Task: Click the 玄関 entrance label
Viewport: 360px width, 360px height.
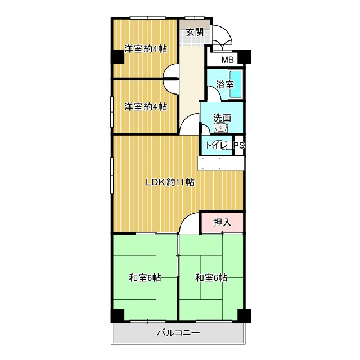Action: (195, 32)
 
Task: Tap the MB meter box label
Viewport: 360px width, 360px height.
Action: (227, 60)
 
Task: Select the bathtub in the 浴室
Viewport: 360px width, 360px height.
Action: (236, 84)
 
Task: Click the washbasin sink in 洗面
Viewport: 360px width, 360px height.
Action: (221, 127)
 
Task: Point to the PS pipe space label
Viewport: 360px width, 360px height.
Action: (239, 145)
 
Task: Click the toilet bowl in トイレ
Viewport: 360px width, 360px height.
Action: (220, 145)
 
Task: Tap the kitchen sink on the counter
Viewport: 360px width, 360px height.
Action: (211, 164)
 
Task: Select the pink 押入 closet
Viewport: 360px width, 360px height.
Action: (222, 222)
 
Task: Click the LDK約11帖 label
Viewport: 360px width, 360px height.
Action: (170, 182)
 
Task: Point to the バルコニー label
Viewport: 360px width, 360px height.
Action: (178, 332)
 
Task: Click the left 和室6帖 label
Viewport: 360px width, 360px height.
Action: (145, 278)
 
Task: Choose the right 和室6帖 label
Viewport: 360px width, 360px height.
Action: (211, 278)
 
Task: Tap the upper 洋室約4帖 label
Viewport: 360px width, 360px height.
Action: (146, 49)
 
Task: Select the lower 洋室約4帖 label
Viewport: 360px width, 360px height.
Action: (146, 107)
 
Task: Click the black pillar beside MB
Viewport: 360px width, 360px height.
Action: (244, 57)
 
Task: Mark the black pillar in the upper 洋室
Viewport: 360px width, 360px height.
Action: (118, 57)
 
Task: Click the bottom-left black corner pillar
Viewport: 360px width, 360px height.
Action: (118, 316)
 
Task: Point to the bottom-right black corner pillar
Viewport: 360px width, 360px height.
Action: (244, 316)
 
